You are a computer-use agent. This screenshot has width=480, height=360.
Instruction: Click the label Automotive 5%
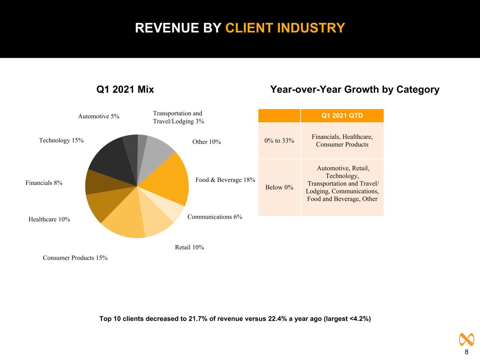pos(98,116)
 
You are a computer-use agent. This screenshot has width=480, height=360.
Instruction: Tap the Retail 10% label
pos(190,247)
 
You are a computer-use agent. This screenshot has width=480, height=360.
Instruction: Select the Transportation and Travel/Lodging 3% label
pos(178,117)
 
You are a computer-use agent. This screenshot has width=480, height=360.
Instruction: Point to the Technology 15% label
pos(61,140)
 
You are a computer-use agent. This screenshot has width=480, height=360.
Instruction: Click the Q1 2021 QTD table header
pos(342,116)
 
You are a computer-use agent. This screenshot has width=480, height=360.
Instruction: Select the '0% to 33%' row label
pos(279,141)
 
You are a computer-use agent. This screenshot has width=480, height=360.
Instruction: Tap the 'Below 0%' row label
pos(279,187)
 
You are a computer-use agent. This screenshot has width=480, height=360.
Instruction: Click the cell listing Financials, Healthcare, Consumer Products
pos(342,141)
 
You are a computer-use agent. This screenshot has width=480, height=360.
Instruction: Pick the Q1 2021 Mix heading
pos(125,89)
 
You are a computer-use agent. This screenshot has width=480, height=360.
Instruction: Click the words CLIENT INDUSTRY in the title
pos(285,28)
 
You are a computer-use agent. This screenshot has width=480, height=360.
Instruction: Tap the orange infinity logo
pos(466,340)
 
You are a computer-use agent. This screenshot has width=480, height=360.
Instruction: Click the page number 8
pos(466,352)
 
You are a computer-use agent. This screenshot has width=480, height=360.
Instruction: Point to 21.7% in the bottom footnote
pos(198,319)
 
